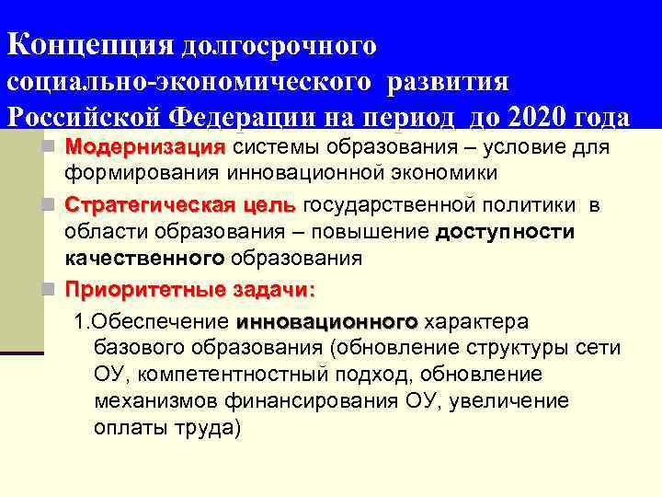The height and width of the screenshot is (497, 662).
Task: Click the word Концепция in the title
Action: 90,43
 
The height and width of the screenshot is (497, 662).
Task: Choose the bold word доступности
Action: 505,231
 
